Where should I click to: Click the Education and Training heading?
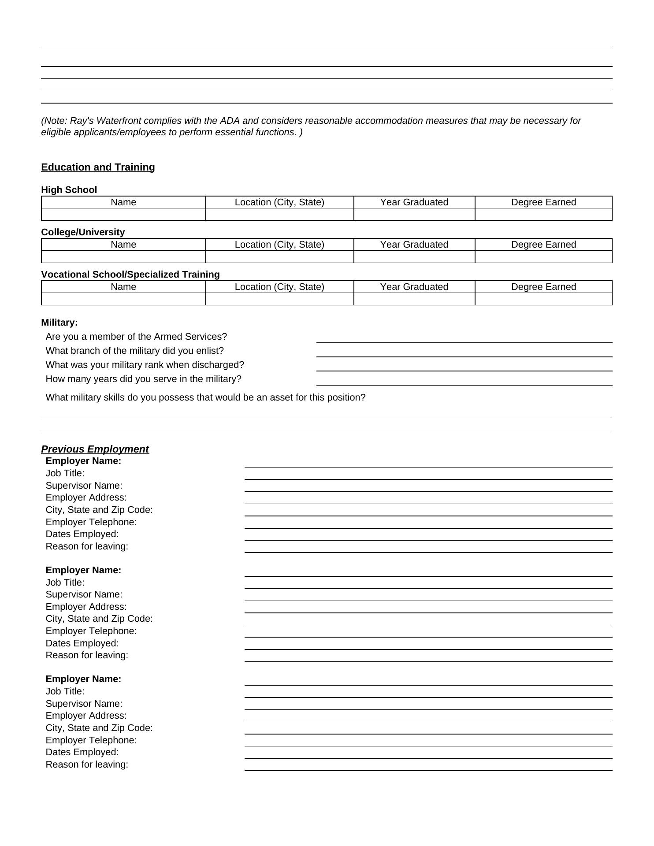click(x=98, y=167)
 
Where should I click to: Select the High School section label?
click(x=69, y=190)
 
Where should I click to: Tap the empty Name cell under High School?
click(x=123, y=215)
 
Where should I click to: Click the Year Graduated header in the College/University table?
click(x=414, y=245)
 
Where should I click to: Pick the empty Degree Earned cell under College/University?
click(x=543, y=257)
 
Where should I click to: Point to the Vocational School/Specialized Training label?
click(x=130, y=275)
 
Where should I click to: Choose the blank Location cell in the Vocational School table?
click(x=279, y=299)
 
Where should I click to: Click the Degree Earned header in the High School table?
click(x=543, y=202)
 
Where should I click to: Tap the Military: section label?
click(x=59, y=323)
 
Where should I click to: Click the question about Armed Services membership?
click(x=136, y=337)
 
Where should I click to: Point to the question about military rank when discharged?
click(x=145, y=365)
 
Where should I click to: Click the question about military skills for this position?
click(x=205, y=397)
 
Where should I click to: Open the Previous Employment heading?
click(x=95, y=449)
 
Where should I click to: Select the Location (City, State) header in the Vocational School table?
click(x=279, y=287)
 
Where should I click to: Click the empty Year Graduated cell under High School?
click(x=414, y=215)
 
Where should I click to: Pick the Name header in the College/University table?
click(x=123, y=245)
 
